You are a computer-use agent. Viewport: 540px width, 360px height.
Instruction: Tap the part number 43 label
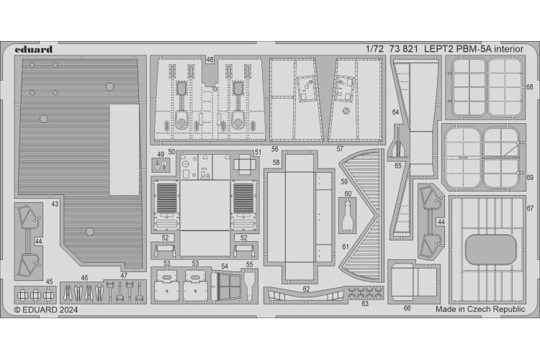[x=55, y=205]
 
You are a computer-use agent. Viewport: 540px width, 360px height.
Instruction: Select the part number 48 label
[x=209, y=60]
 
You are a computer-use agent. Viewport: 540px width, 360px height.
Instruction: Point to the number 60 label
[x=348, y=193]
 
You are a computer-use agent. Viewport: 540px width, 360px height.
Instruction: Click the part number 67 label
[x=529, y=208]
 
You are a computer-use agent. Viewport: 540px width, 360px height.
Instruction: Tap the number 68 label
[x=529, y=87]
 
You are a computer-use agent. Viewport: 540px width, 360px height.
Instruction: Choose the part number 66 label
[x=408, y=307]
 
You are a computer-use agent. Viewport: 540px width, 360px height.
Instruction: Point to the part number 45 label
[x=49, y=282]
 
